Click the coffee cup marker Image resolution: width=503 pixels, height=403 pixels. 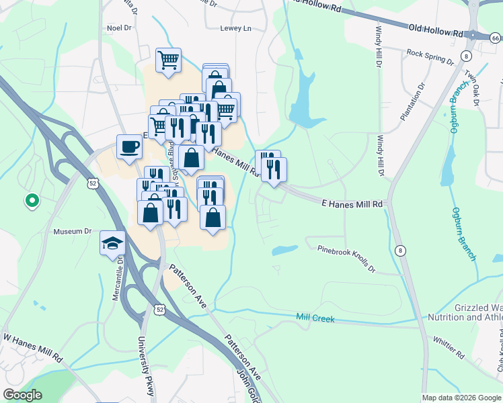tap(129, 146)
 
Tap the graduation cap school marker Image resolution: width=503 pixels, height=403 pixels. tap(113, 242)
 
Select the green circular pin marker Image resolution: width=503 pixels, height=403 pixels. tap(31, 199)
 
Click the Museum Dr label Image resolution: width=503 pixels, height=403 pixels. tap(72, 231)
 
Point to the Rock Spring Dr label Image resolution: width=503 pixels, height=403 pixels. tap(430, 56)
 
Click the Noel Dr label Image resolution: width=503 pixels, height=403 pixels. tap(118, 28)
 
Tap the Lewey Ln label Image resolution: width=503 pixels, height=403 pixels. tap(235, 28)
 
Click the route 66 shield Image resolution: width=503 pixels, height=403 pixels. tap(496, 40)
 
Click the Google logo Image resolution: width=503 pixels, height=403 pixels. tap(22, 395)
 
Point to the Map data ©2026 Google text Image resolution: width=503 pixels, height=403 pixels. tap(461, 398)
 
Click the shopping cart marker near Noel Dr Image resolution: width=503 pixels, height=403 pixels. tap(168, 60)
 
